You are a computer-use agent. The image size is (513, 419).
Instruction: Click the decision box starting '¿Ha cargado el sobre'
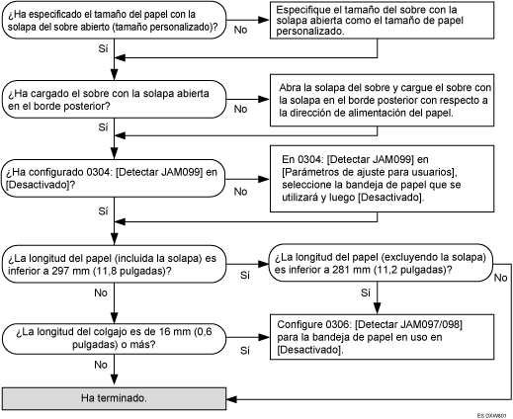click(x=117, y=100)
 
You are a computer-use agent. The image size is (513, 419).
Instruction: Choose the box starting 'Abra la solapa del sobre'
click(x=381, y=101)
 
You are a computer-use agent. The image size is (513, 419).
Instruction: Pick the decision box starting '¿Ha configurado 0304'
click(x=117, y=178)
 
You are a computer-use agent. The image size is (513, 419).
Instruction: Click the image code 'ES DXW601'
click(x=490, y=413)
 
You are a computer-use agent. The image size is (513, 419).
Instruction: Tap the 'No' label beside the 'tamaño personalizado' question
click(x=240, y=30)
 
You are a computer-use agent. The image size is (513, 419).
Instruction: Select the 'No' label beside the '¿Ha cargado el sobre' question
click(x=240, y=110)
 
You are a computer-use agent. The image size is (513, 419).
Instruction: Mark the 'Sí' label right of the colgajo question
click(x=246, y=350)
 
